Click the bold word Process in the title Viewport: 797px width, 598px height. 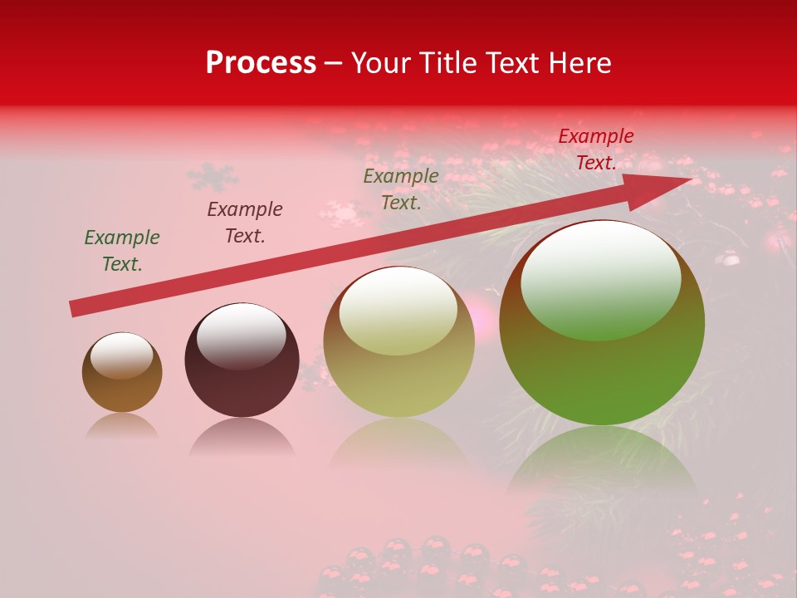(261, 63)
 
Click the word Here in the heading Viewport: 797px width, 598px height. (579, 63)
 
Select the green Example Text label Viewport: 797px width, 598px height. (122, 251)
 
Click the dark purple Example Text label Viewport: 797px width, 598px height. (245, 223)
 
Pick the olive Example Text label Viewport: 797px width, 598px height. (401, 189)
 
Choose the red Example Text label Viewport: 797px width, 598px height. (596, 149)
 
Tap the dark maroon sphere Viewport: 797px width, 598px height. (242, 386)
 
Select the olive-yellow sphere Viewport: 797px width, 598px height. (399, 374)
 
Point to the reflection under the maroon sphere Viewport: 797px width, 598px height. (242, 437)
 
